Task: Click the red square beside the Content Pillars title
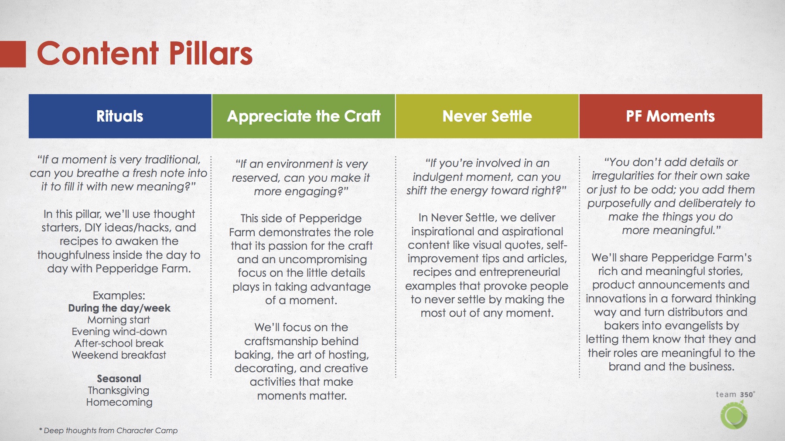(x=13, y=54)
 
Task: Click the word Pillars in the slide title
(x=211, y=54)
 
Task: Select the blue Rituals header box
(x=120, y=116)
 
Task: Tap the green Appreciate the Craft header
(x=304, y=116)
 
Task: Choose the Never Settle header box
(x=487, y=116)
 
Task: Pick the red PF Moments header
(x=671, y=116)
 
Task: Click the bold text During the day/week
(x=119, y=308)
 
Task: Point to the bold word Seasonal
(x=119, y=378)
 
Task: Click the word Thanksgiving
(x=119, y=390)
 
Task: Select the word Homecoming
(x=119, y=402)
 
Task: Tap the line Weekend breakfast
(x=119, y=355)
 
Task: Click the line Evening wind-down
(x=119, y=332)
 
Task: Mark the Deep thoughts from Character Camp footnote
(x=109, y=431)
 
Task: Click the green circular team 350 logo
(x=734, y=415)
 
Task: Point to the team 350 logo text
(x=735, y=394)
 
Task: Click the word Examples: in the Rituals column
(x=119, y=295)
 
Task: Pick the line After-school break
(x=119, y=343)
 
